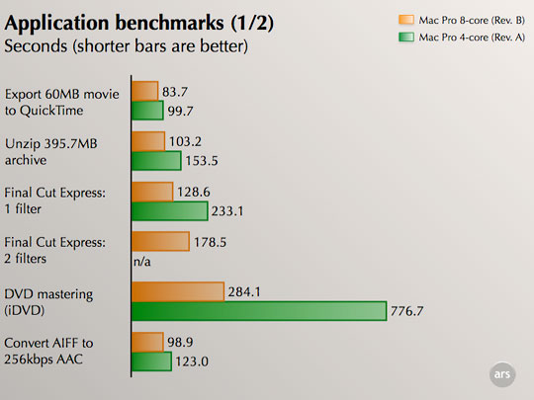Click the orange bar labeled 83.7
click(144, 90)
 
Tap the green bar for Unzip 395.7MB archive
click(155, 159)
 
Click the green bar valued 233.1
click(169, 210)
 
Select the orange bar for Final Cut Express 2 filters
click(159, 242)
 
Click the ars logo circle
click(503, 375)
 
